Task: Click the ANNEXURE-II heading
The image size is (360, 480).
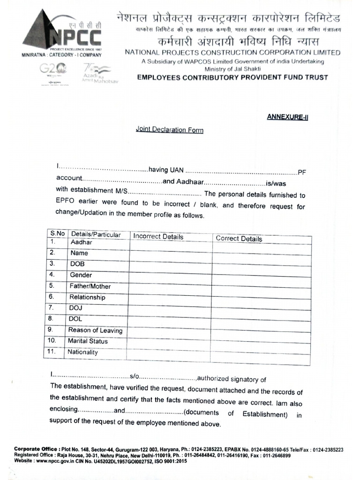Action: click(x=287, y=117)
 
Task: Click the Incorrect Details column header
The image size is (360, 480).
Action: click(x=158, y=237)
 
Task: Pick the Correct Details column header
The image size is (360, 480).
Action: click(x=239, y=239)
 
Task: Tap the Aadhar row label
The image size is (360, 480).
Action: click(x=81, y=242)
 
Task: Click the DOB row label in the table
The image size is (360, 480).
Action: click(x=77, y=264)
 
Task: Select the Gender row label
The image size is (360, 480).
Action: click(x=81, y=275)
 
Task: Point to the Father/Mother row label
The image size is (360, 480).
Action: click(x=90, y=286)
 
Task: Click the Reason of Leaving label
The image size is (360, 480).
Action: click(x=95, y=330)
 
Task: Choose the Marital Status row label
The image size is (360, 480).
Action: click(x=88, y=341)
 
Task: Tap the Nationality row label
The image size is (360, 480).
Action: click(x=83, y=352)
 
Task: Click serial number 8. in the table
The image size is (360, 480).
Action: click(x=52, y=319)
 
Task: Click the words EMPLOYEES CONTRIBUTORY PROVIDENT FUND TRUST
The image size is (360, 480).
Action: click(x=232, y=77)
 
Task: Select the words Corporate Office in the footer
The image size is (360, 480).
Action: click(x=36, y=449)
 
